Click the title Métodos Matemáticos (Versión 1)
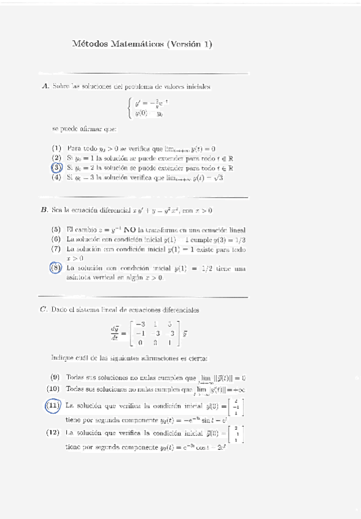point(142,44)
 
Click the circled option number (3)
point(56,167)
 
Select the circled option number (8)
point(56,267)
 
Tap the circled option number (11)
point(54,405)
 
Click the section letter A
point(45,87)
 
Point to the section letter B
point(44,211)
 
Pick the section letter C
point(44,310)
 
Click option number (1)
point(56,148)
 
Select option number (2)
point(56,157)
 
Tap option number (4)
point(56,177)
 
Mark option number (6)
point(56,239)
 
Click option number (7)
point(56,250)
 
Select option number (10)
point(55,389)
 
